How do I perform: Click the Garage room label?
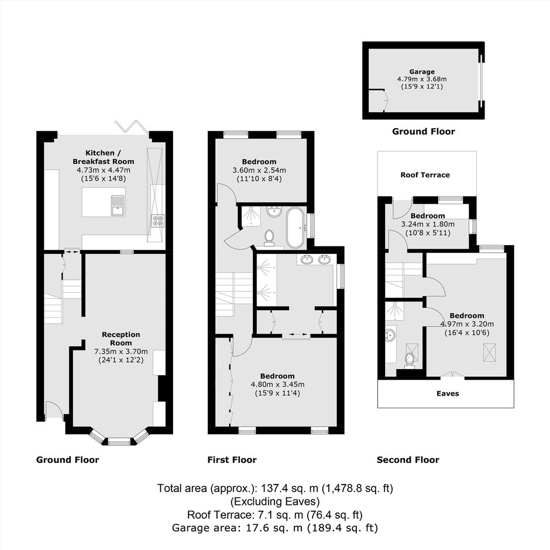coord(422,71)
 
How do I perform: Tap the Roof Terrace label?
coord(425,175)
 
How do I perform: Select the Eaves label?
coord(448,393)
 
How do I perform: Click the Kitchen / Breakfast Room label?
coord(104,157)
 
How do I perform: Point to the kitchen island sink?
coord(118,205)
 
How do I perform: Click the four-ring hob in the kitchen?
coord(158,220)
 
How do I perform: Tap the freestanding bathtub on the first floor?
coord(296,228)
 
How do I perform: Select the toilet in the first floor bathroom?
coord(269,237)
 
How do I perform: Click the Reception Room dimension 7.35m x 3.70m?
coord(121,351)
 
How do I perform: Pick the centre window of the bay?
coord(119,442)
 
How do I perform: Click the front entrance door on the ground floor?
coord(54,410)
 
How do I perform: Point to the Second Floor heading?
coord(408,459)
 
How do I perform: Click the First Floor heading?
coord(232,459)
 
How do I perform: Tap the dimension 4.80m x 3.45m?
coord(277,384)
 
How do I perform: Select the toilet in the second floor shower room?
coord(410,360)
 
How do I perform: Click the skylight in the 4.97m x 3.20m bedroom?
coord(488,352)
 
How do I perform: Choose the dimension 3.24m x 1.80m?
coord(428,224)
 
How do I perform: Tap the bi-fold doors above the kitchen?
coord(130,126)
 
